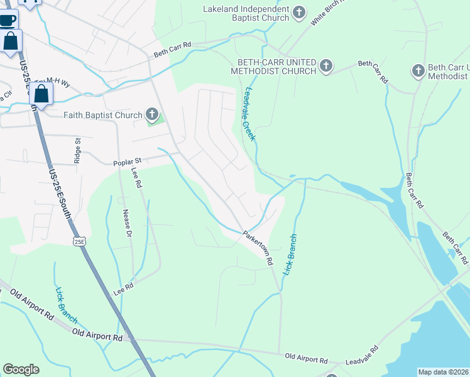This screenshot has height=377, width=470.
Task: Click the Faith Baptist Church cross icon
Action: tap(151, 114)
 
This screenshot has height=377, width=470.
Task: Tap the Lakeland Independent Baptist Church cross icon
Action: tap(300, 11)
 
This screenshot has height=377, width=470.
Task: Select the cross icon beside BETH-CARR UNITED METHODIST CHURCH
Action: tap(325, 65)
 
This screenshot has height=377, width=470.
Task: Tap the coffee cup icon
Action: tap(8, 20)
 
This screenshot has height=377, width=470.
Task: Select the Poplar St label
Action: tap(127, 161)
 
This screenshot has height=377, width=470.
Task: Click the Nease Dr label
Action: tap(127, 224)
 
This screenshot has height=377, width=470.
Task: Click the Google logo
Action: tap(21, 369)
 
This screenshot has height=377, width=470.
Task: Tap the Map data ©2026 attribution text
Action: tap(443, 371)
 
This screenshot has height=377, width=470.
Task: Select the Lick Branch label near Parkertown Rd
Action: tap(290, 254)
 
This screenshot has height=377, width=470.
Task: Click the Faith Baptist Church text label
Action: tap(103, 115)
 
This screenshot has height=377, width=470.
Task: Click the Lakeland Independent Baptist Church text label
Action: tap(246, 13)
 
